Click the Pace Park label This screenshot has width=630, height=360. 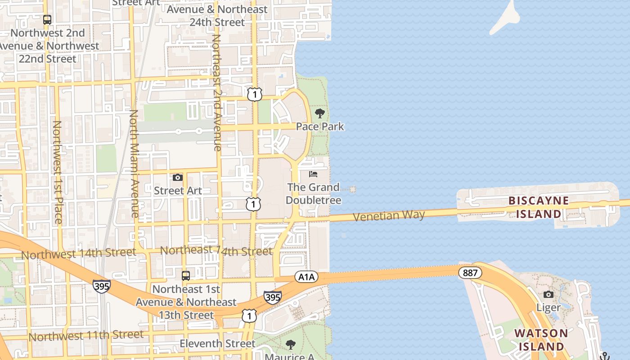coord(320,127)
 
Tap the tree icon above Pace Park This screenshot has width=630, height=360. coord(320,113)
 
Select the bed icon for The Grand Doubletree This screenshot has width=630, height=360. coord(313,174)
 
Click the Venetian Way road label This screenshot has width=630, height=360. coord(389,216)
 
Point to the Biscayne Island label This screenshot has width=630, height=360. coord(539,207)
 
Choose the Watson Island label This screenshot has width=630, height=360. coord(541,340)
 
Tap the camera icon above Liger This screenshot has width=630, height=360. coord(548,295)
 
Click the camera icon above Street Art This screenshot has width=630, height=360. coord(178,178)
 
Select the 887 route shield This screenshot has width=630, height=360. coord(470,273)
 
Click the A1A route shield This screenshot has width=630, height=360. coord(306,277)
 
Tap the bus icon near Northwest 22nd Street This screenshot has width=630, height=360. coord(47,20)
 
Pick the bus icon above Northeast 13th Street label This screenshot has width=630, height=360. coord(186,275)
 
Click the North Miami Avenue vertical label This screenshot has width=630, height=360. coord(134,164)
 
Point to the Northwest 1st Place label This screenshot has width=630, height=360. coord(58,172)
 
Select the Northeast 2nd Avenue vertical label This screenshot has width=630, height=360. coord(216,92)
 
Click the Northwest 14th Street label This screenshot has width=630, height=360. coord(78,254)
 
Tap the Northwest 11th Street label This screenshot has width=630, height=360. coord(86,336)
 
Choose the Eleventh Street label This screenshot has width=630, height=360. coord(217,344)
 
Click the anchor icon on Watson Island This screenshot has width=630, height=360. coord(605,356)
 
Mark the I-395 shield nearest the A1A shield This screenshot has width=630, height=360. coord(273,297)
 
